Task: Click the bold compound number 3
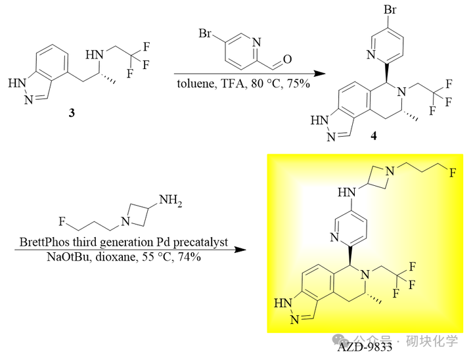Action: pos(72,113)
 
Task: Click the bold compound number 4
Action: pos(374,136)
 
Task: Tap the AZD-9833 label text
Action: pos(365,347)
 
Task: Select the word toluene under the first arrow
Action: pos(196,83)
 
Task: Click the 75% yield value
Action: pos(298,83)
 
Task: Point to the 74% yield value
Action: pos(189,257)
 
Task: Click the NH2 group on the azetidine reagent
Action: pos(170,200)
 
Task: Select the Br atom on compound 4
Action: pos(390,10)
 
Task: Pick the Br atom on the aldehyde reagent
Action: pos(205,34)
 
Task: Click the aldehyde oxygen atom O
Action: pos(287,59)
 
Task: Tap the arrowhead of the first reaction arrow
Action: pos(320,74)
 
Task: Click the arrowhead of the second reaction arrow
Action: pos(240,250)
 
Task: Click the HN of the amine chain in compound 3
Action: pos(95,55)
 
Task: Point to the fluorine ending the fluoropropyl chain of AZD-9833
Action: pos(453,173)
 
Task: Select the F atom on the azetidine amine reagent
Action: pos(62,222)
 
